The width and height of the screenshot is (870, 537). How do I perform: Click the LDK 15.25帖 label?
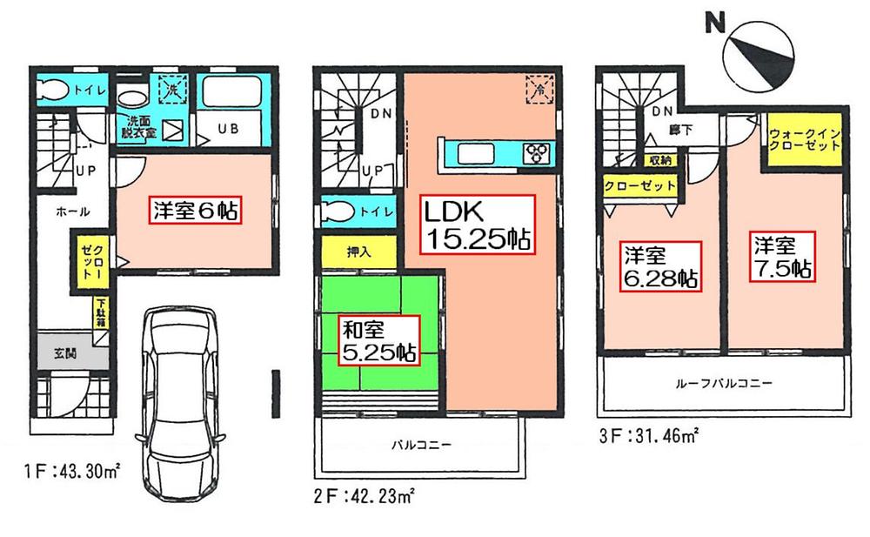tap(477, 224)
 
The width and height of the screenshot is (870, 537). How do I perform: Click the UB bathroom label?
tap(228, 128)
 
